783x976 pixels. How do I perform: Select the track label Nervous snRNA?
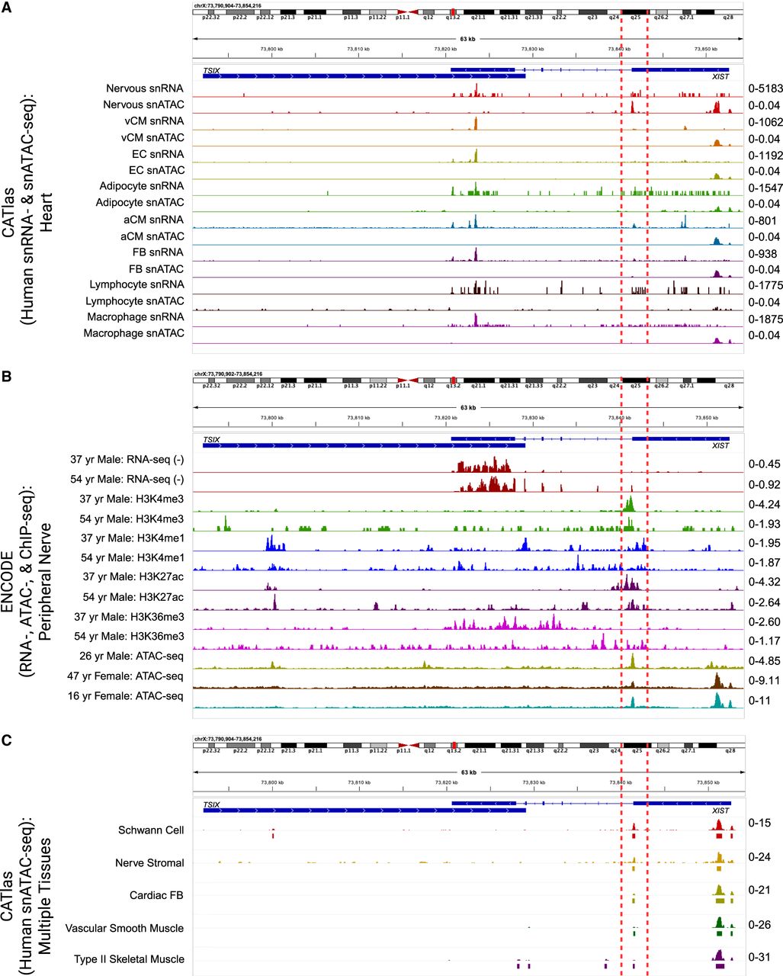pyautogui.click(x=144, y=88)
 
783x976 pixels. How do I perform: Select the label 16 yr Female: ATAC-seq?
pyautogui.click(x=125, y=695)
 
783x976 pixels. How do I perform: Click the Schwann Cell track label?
pyautogui.click(x=151, y=830)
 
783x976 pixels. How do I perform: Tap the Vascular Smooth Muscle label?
pyautogui.click(x=124, y=928)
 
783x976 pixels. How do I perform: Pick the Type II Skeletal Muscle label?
pyautogui.click(x=129, y=958)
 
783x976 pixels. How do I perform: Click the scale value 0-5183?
pyautogui.click(x=764, y=89)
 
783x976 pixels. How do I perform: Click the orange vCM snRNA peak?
pyautogui.click(x=475, y=123)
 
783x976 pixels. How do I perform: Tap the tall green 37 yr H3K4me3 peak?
pyautogui.click(x=630, y=503)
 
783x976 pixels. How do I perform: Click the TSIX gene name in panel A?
pyautogui.click(x=211, y=70)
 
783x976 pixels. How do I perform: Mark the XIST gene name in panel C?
pyautogui.click(x=720, y=811)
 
